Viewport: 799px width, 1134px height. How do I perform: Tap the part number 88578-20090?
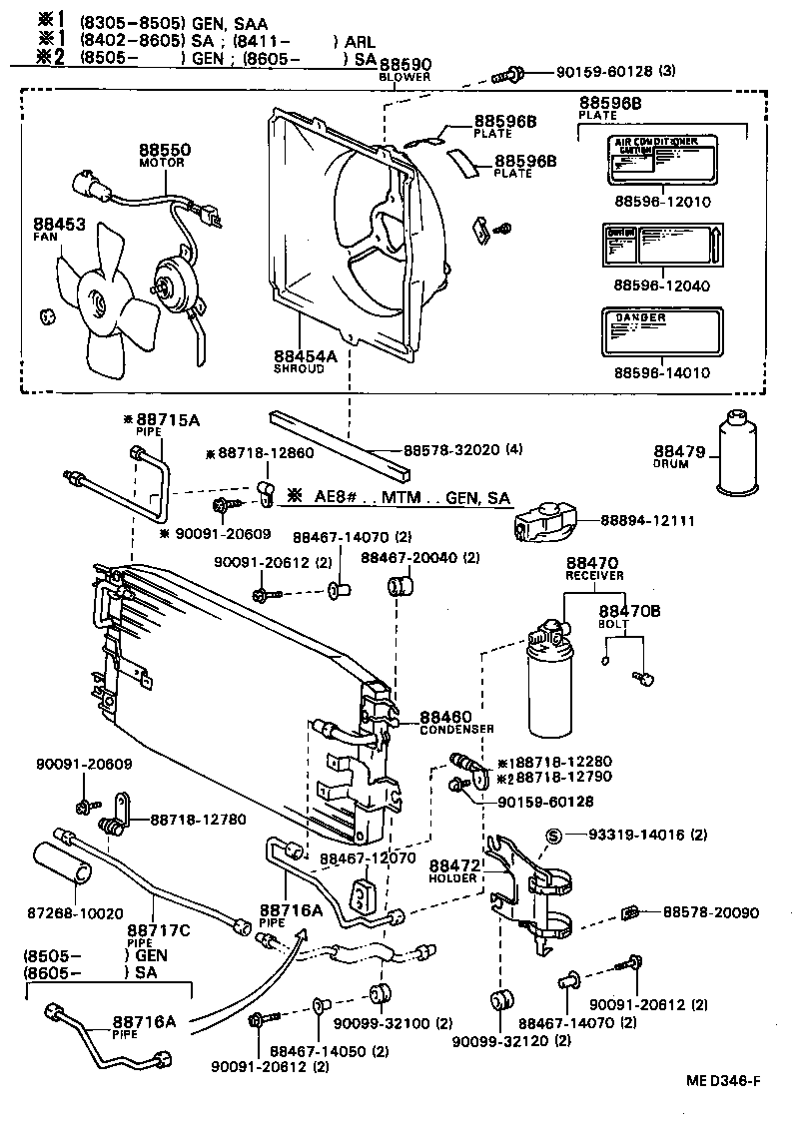[710, 912]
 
